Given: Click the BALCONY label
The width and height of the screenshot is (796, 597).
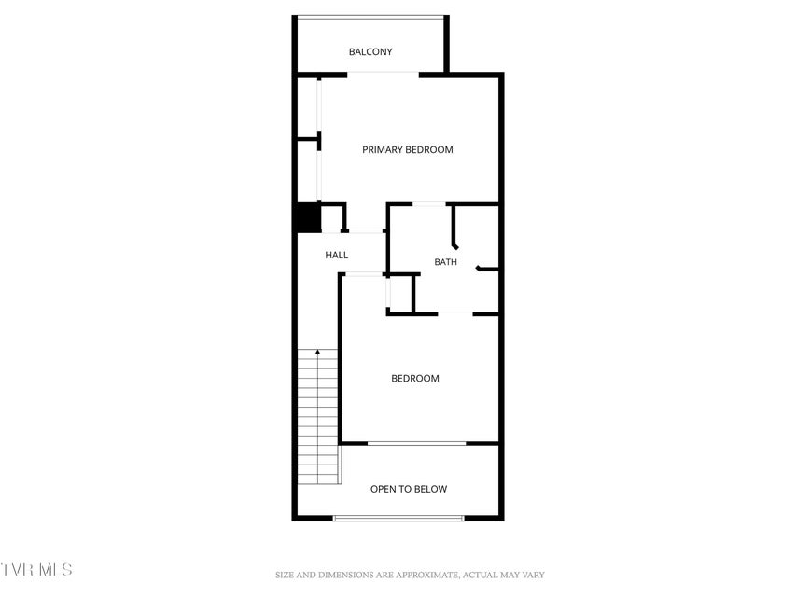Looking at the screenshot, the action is (x=370, y=52).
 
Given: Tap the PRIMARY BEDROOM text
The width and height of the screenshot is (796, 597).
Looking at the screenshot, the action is (x=408, y=150).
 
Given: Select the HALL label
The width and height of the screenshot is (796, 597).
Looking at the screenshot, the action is (x=337, y=255).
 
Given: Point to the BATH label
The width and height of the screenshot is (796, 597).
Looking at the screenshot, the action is (x=445, y=262).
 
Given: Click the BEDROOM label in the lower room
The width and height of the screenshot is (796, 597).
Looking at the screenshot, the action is (x=415, y=378).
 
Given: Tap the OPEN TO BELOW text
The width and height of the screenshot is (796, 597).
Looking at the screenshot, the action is (x=409, y=489).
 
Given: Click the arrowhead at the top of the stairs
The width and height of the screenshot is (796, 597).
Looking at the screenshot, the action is (x=318, y=352).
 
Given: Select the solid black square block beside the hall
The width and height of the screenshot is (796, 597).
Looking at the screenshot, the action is (x=308, y=217).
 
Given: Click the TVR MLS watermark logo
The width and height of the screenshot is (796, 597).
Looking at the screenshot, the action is (x=36, y=569).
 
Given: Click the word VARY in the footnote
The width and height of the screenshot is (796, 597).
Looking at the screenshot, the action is (x=533, y=576).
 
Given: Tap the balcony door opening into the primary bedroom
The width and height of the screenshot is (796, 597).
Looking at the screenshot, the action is (x=384, y=75).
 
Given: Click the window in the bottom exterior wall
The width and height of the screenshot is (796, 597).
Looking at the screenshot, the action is (x=398, y=519).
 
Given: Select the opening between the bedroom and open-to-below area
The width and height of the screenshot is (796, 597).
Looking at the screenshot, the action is (x=417, y=444).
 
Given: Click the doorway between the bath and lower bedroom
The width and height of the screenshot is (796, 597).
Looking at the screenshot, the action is (x=455, y=313).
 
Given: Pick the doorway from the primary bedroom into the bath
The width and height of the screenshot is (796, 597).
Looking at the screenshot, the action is (x=429, y=204).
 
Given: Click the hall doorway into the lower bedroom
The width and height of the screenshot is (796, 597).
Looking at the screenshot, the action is (x=364, y=274).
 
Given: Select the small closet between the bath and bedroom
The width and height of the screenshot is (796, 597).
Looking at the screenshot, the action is (x=401, y=294).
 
